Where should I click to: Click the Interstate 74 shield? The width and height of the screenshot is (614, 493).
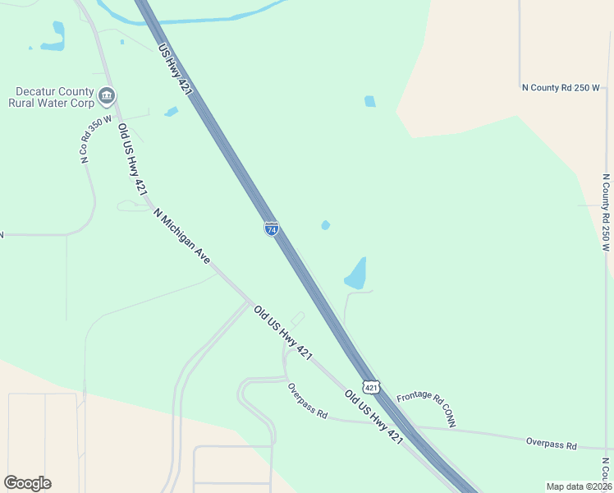pos(271,228)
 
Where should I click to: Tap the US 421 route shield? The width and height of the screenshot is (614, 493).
pos(372,386)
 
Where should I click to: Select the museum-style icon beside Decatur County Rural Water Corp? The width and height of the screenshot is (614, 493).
pos(107,97)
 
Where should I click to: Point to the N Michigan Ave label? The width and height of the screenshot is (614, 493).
pos(182,235)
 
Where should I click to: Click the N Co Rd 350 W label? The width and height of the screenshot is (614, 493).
pos(95,139)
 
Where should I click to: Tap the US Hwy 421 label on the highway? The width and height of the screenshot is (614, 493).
pos(175,71)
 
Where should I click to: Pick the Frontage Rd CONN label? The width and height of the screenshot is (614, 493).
pos(426,408)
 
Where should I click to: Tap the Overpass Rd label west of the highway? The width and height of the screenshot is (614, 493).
pos(308,402)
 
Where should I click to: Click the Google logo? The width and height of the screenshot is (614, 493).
pos(27,483)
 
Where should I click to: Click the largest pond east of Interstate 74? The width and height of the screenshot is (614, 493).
pos(356,274)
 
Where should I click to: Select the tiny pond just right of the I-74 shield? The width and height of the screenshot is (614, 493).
pos(326,225)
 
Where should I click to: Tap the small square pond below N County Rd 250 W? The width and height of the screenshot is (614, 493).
pos(370,102)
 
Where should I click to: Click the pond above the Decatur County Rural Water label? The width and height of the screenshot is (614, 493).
pos(55,36)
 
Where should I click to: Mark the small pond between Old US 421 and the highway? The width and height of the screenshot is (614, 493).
pos(171,112)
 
